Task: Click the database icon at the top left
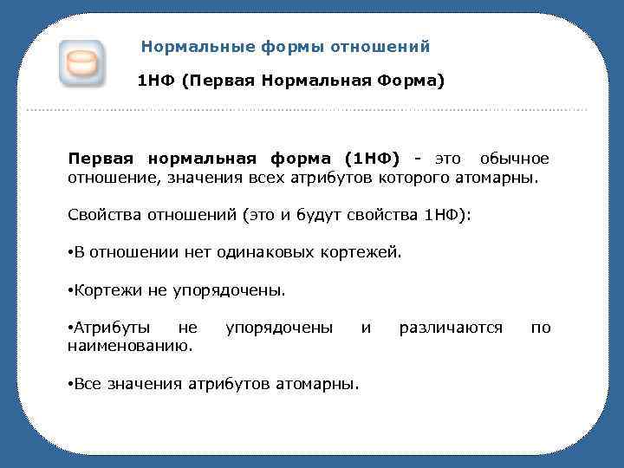click(81, 62)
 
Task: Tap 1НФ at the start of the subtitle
click(157, 82)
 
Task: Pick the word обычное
click(516, 159)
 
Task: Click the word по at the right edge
click(540, 328)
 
